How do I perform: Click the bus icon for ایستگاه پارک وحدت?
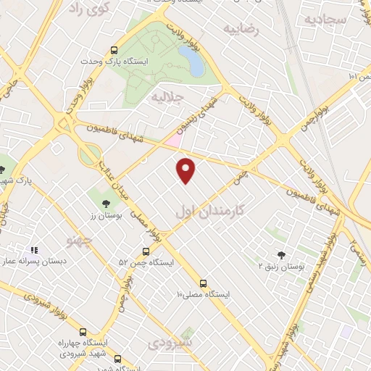point(114,51)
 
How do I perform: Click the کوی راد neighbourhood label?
point(89,9)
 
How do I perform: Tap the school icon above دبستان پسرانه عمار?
point(33,249)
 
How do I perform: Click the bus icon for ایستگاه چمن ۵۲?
point(146,251)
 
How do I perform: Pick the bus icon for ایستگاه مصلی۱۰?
point(203,283)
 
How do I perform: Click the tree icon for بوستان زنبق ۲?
point(281,255)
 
